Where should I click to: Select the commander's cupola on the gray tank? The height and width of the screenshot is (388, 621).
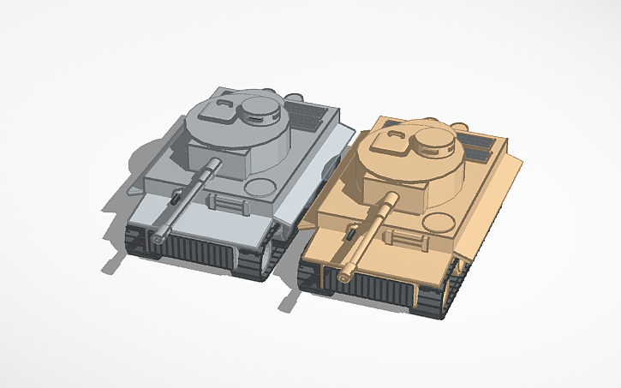point(261,108)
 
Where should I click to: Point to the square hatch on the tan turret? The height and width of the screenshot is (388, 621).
point(396,140)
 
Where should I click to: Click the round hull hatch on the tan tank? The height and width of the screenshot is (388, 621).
point(440,222)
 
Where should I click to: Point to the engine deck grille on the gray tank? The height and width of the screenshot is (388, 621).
point(309,112)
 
